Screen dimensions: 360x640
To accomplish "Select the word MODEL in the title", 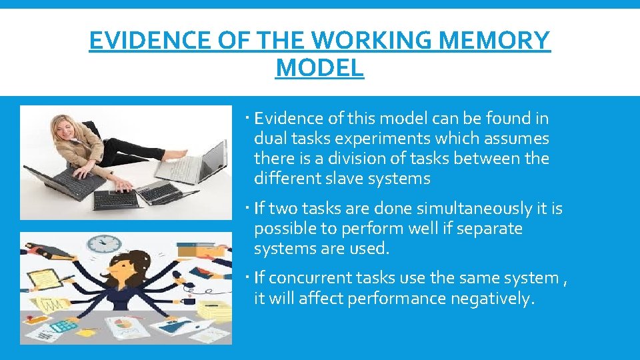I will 319,67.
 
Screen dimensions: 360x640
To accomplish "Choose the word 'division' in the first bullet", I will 369,159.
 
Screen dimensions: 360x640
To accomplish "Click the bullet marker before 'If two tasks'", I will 247,209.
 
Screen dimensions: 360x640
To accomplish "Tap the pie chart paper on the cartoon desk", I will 125,326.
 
